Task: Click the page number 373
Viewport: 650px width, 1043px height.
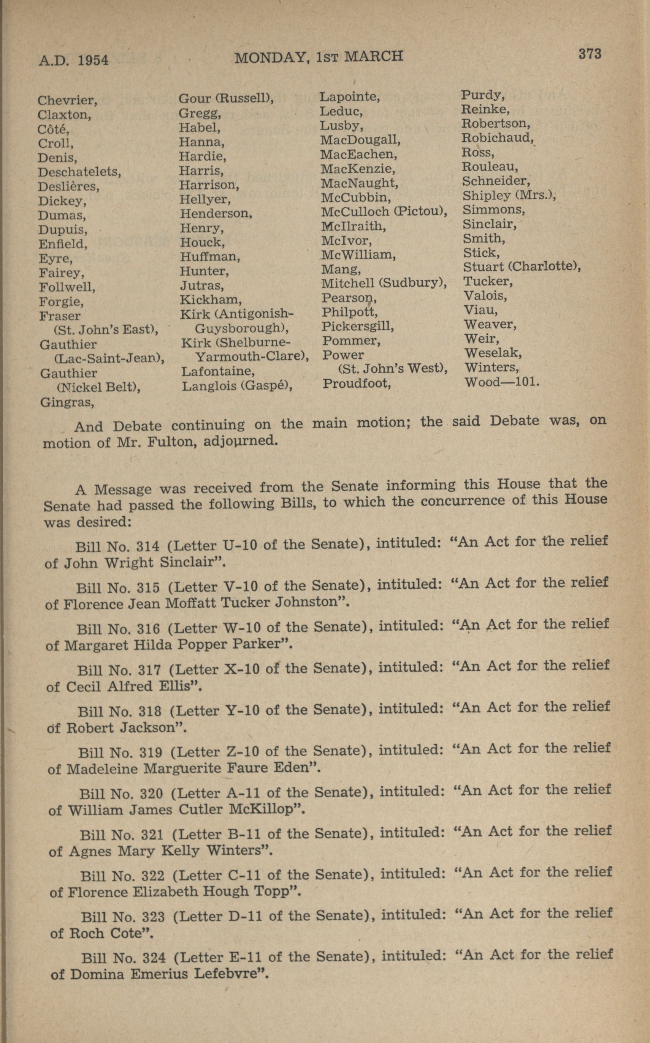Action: pos(590,54)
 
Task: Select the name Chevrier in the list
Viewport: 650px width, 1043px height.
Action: pos(67,101)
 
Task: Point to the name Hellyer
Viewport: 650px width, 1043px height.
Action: pos(205,199)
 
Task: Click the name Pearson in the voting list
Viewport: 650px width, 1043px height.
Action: pos(349,298)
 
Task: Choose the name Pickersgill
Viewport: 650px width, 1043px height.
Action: pos(358,326)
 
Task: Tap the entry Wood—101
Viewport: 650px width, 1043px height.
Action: pos(501,382)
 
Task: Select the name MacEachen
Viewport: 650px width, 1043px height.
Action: pos(358,154)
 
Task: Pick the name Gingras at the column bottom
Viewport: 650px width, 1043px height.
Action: pos(67,402)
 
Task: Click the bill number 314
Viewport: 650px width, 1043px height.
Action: pos(147,546)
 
